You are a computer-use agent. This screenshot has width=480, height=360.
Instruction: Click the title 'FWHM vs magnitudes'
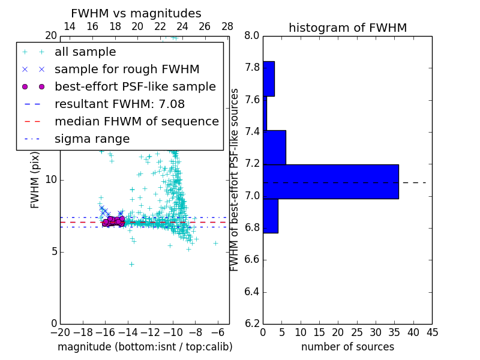(x=136, y=13)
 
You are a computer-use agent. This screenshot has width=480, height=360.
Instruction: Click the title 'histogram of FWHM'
(x=347, y=28)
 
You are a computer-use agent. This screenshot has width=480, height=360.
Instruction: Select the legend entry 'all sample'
(x=85, y=52)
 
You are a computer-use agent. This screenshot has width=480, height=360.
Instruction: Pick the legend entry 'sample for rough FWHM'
(x=127, y=70)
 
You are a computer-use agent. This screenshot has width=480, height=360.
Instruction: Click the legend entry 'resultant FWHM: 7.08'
(x=119, y=104)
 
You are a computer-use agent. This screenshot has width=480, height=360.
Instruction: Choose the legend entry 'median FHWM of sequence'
(x=136, y=122)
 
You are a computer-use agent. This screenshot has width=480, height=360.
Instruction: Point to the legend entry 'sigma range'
(x=92, y=139)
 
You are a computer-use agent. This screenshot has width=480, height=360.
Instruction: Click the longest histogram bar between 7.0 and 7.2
(x=331, y=181)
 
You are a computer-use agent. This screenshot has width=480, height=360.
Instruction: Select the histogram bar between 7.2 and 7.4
(x=274, y=147)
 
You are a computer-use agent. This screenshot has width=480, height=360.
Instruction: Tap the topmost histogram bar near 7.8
(x=269, y=79)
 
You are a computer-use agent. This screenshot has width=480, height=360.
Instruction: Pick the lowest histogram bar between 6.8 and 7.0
(x=271, y=215)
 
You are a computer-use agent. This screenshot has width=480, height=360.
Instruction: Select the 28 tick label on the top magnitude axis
(x=227, y=26)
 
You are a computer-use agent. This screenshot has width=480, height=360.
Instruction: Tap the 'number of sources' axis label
(x=347, y=347)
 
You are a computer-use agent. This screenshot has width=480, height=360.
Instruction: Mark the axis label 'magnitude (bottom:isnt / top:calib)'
(x=145, y=347)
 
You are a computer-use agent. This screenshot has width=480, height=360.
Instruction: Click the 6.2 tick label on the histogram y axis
(x=252, y=324)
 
